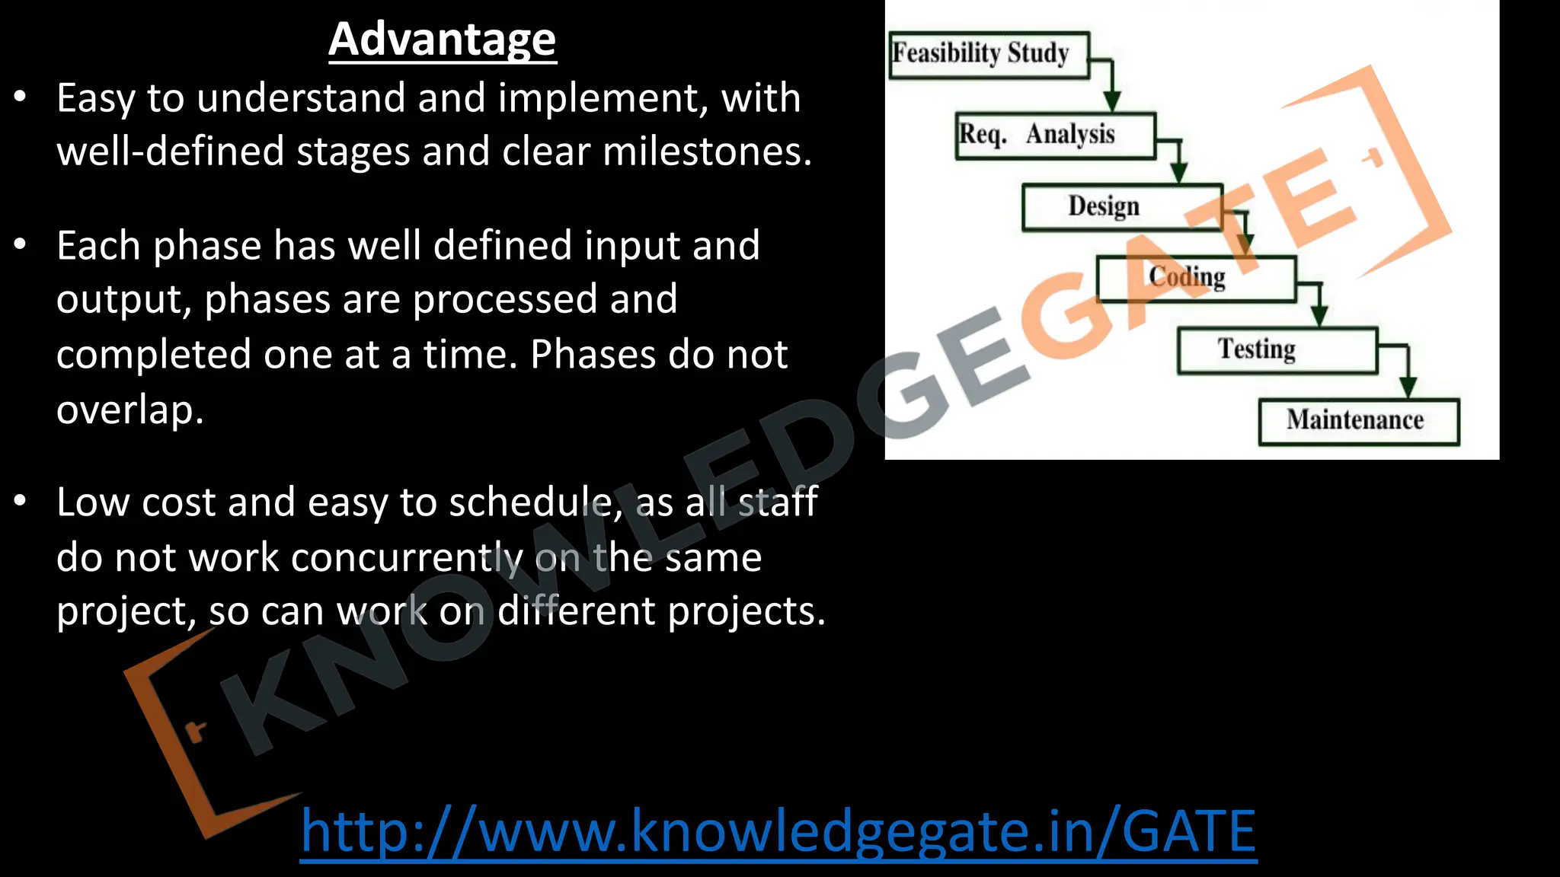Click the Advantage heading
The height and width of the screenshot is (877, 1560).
click(443, 39)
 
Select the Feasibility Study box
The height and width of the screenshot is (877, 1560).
click(989, 55)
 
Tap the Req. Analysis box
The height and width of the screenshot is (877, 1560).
click(1056, 136)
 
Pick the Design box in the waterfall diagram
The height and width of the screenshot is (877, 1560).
click(1121, 207)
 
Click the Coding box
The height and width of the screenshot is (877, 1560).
click(1195, 279)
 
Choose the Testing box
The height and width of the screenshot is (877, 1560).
click(1277, 350)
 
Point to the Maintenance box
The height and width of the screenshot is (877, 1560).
click(1358, 421)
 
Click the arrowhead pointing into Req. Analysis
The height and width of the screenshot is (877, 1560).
click(1112, 102)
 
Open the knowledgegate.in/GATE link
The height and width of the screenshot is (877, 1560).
click(778, 831)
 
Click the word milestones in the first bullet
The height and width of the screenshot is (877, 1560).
click(707, 151)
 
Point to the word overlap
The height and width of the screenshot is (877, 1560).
click(129, 410)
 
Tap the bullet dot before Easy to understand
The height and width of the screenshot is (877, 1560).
click(21, 97)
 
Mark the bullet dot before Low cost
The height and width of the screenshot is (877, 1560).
click(21, 501)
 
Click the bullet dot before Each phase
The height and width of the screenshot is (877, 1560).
click(21, 244)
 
